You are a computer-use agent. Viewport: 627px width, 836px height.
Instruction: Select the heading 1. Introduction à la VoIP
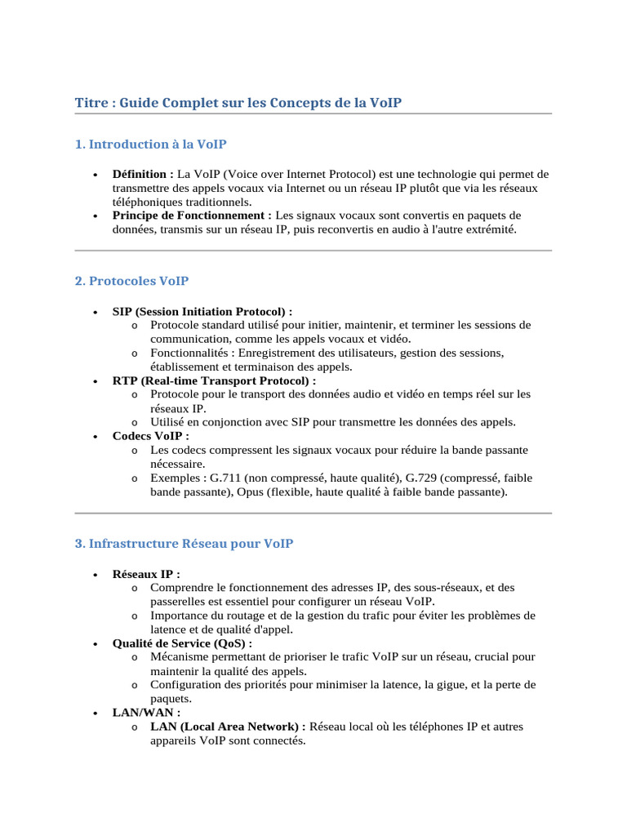150,145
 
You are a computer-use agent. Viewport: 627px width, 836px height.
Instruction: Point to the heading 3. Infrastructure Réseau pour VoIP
184,544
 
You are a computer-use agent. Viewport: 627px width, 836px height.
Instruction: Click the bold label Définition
142,174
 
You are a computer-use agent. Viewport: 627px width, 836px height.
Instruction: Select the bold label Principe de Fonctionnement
191,216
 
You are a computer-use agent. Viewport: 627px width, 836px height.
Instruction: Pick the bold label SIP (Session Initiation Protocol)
202,312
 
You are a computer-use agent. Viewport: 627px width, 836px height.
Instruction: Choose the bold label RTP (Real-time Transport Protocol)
213,380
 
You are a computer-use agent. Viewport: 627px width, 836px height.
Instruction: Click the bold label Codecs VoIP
149,436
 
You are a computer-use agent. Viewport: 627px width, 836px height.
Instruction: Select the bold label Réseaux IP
145,574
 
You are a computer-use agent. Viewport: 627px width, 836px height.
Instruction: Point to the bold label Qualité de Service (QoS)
181,643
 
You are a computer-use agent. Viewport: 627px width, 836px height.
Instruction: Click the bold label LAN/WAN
145,713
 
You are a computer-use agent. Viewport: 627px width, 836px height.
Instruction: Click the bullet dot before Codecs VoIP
96,437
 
